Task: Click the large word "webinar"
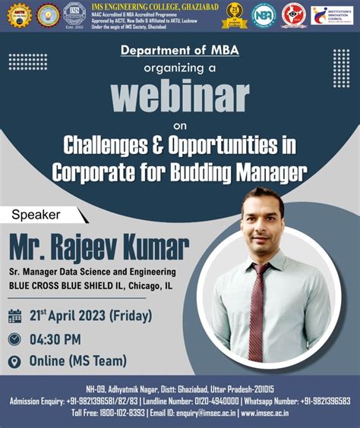pos(179,96)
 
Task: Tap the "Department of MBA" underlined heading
pos(179,50)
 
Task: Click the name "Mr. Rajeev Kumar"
pos(99,247)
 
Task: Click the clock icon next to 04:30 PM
pos(14,339)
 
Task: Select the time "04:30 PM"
pos(55,339)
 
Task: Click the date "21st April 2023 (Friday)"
pos(90,316)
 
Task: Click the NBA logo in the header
pos(264,14)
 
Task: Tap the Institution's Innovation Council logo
pos(331,14)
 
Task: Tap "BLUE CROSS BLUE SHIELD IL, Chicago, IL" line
pos(90,285)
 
